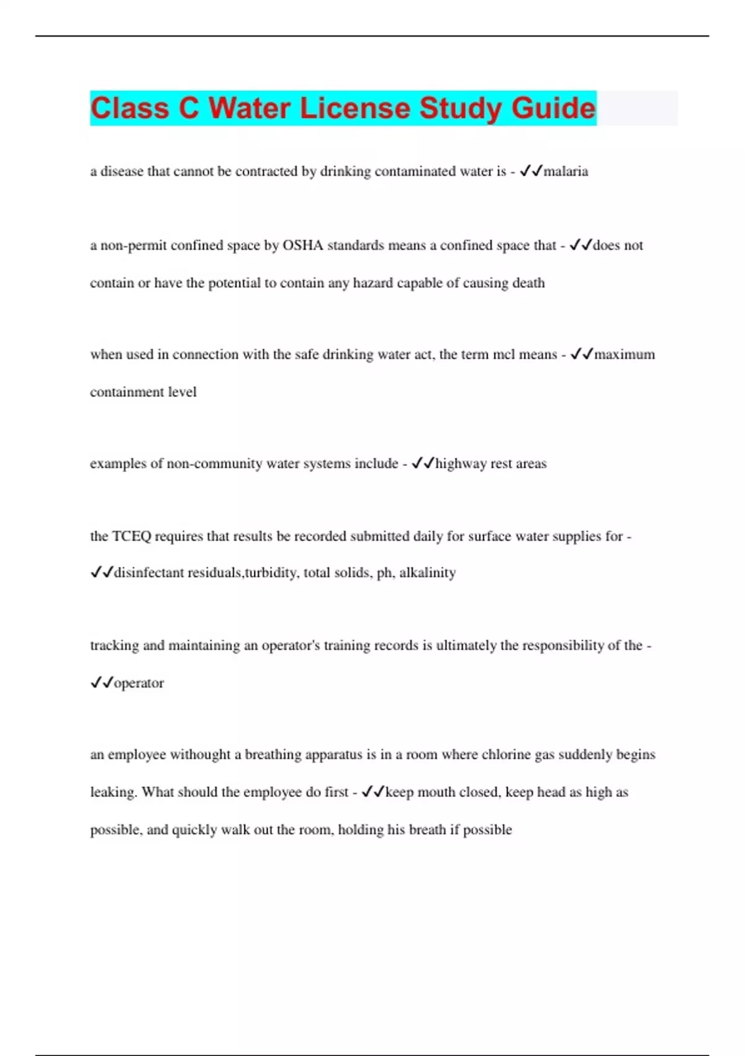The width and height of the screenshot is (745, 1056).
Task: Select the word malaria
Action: click(566, 171)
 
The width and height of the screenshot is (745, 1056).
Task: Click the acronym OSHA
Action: click(303, 245)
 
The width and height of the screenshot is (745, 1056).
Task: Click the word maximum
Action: click(625, 355)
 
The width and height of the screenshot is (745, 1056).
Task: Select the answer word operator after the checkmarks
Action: click(139, 683)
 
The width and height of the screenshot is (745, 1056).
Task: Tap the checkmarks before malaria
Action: click(531, 171)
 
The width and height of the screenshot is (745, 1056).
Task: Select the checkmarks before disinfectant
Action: click(101, 572)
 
